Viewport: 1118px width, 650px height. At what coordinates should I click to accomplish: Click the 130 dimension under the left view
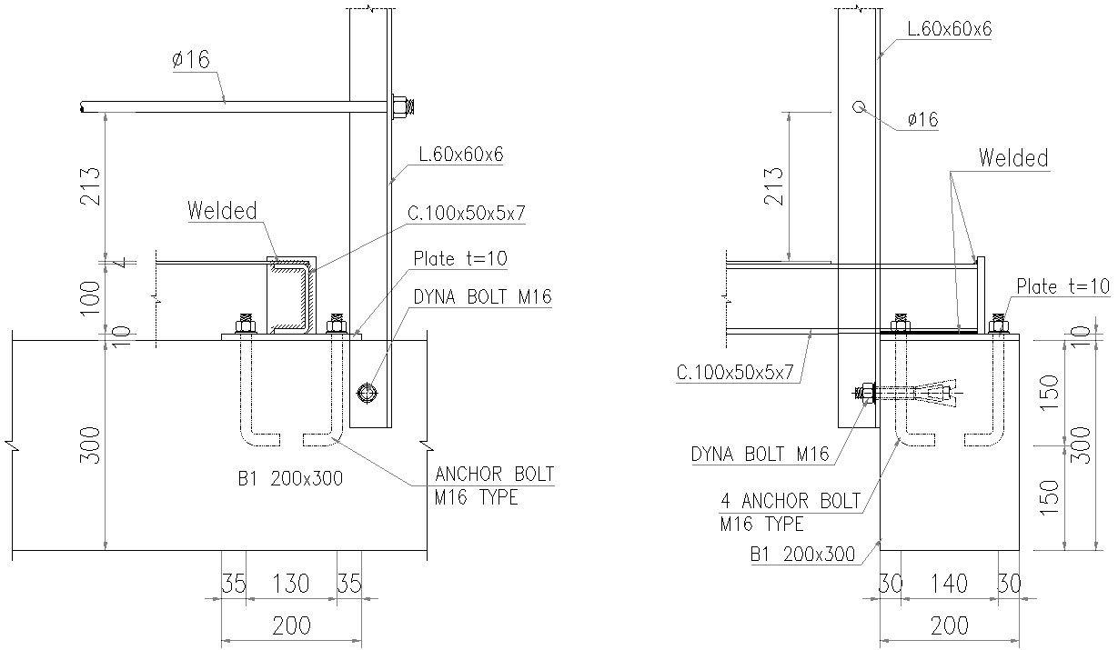pyautogui.click(x=291, y=584)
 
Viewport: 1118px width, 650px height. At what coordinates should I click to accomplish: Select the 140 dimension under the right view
pyautogui.click(x=950, y=584)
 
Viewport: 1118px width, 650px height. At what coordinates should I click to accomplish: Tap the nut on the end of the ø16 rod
pyautogui.click(x=401, y=106)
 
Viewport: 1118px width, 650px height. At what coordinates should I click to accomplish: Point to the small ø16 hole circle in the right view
pyautogui.click(x=858, y=106)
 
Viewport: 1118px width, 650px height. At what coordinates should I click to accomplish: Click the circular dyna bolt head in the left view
pyautogui.click(x=368, y=393)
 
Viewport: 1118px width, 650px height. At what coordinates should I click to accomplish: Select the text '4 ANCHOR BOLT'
pyautogui.click(x=789, y=500)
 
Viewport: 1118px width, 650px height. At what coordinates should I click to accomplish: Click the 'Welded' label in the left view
pyautogui.click(x=222, y=211)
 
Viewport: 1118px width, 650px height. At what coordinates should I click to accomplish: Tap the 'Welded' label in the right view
pyautogui.click(x=1012, y=158)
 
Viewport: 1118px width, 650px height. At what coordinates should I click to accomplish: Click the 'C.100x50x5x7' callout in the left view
pyautogui.click(x=466, y=214)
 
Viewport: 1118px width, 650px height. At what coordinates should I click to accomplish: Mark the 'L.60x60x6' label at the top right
pyautogui.click(x=949, y=28)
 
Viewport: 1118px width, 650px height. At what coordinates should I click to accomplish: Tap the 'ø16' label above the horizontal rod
pyautogui.click(x=190, y=60)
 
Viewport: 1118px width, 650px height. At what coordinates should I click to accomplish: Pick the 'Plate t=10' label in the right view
pyautogui.click(x=1063, y=286)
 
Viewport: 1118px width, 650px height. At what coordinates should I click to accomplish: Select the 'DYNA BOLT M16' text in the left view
pyautogui.click(x=482, y=296)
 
